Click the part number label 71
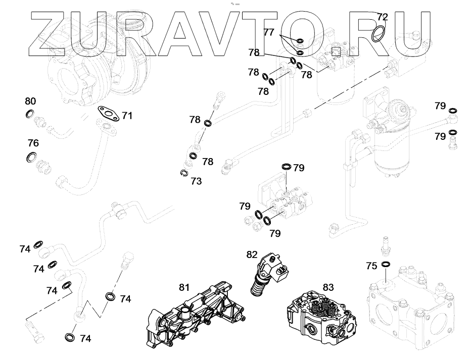(127, 116)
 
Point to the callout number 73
(197, 180)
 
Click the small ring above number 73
(184, 174)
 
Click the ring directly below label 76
(32, 157)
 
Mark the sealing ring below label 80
(30, 113)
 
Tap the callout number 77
(269, 32)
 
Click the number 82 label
(252, 254)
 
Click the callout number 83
(328, 287)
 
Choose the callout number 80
(31, 101)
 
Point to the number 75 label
(371, 266)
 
